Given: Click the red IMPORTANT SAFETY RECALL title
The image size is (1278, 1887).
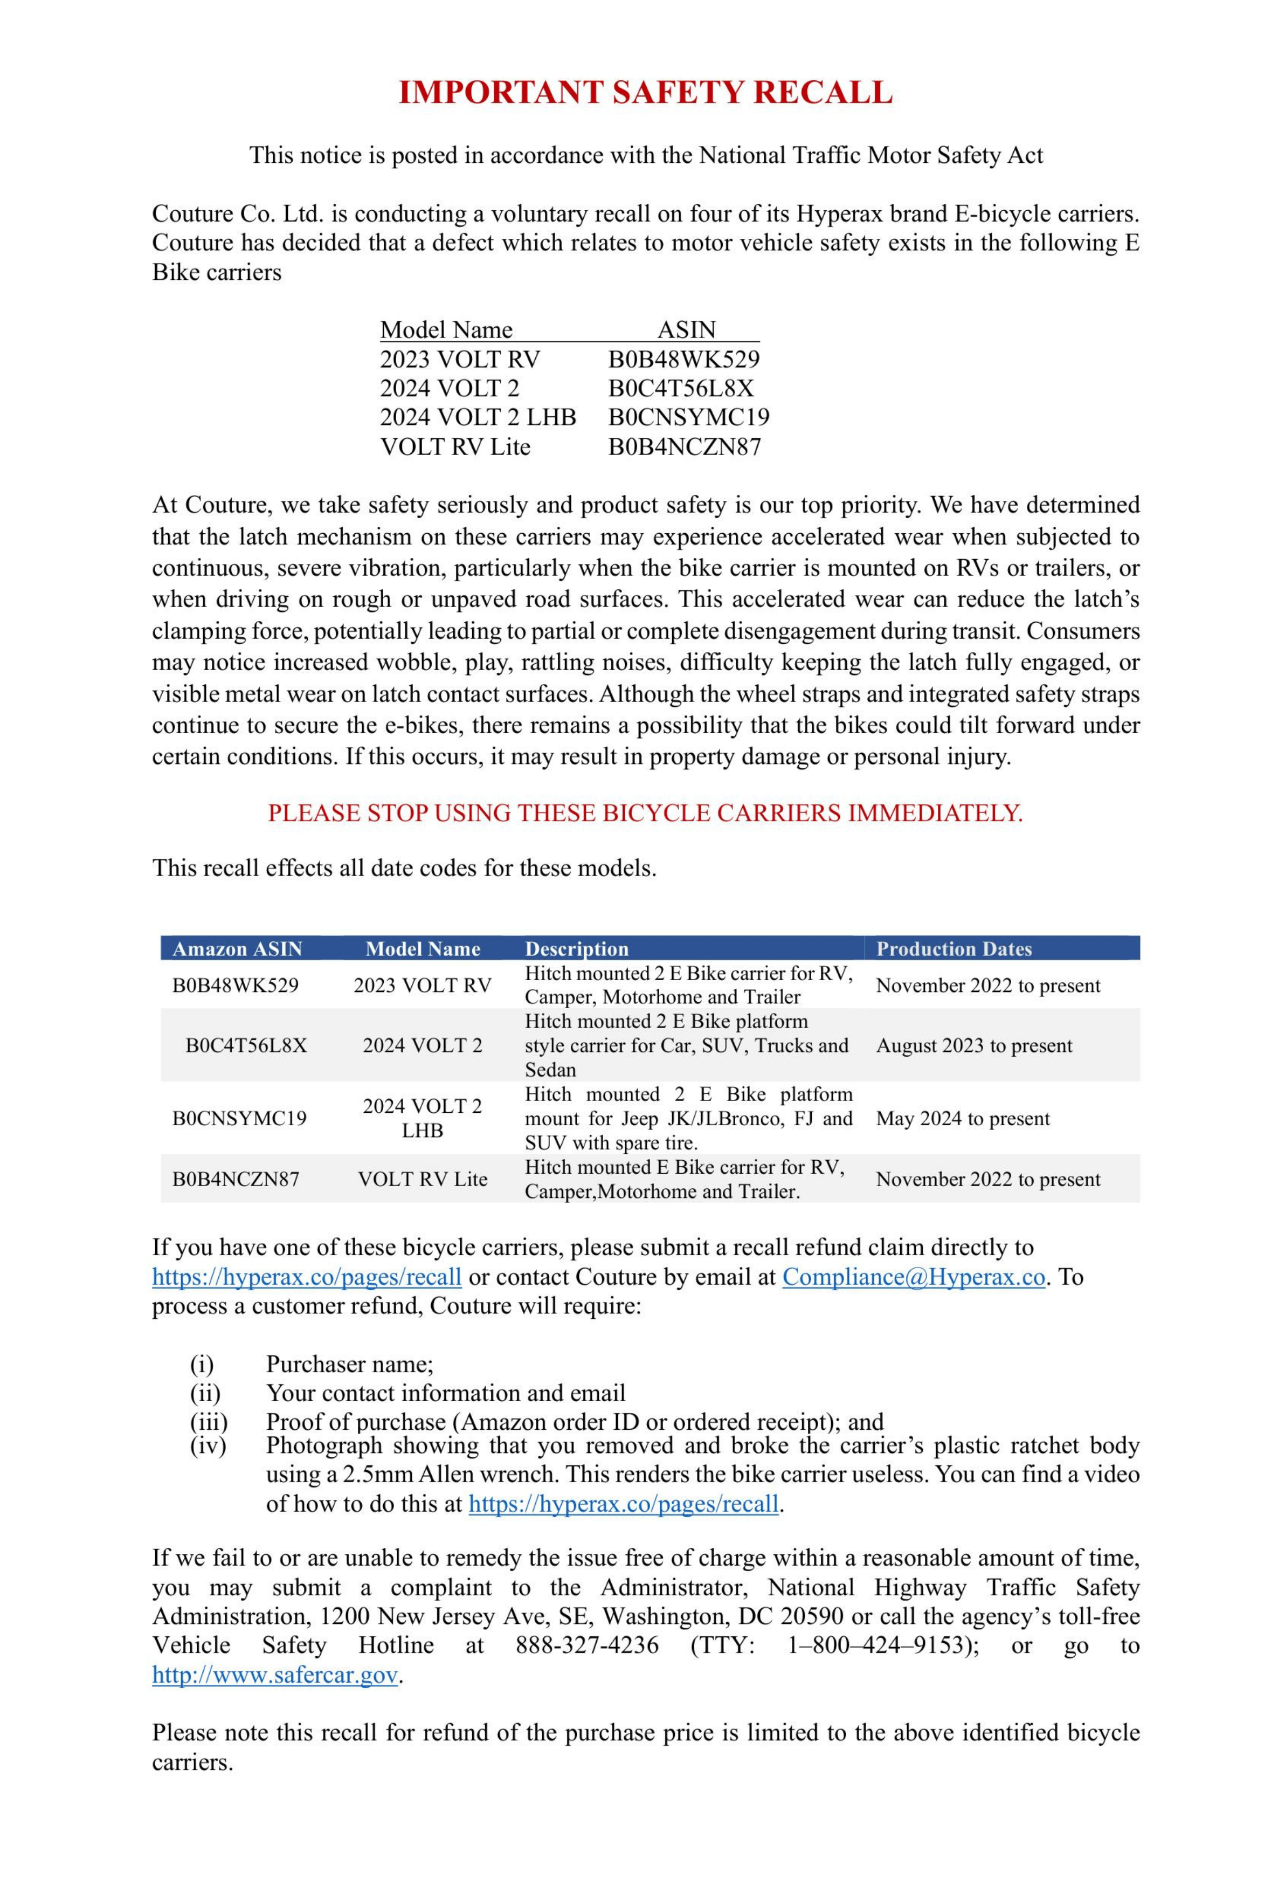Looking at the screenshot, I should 646,93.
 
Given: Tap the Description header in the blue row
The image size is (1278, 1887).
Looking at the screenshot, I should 577,948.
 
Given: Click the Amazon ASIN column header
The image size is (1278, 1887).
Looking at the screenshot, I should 237,948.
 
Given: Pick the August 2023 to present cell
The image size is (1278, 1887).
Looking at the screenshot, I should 973,1045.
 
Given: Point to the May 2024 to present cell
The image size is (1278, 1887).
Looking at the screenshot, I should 962,1118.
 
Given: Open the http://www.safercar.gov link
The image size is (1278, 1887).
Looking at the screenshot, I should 274,1674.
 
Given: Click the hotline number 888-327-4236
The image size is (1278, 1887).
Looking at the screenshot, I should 586,1645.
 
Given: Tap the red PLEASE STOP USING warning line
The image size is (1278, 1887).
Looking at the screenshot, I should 646,813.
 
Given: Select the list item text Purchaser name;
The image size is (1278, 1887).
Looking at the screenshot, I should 349,1363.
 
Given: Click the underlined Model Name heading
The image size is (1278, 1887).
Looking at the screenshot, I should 446,329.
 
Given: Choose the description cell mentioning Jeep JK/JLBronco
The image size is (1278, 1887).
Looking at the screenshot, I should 688,1118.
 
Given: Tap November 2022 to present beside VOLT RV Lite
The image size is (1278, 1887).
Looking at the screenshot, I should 987,1179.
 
